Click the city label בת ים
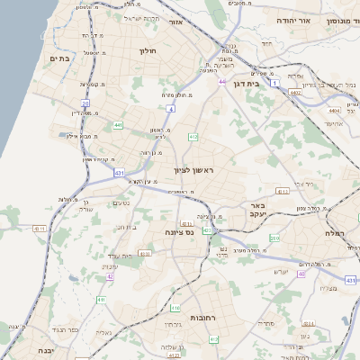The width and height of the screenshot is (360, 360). (58, 59)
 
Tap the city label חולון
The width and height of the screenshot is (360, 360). (148, 51)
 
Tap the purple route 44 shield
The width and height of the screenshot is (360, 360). (221, 81)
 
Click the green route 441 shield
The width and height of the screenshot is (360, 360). (119, 125)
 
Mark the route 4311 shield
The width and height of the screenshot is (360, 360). (40, 229)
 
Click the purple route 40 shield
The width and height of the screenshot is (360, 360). (301, 273)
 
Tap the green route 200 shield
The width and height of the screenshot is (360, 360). (274, 238)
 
